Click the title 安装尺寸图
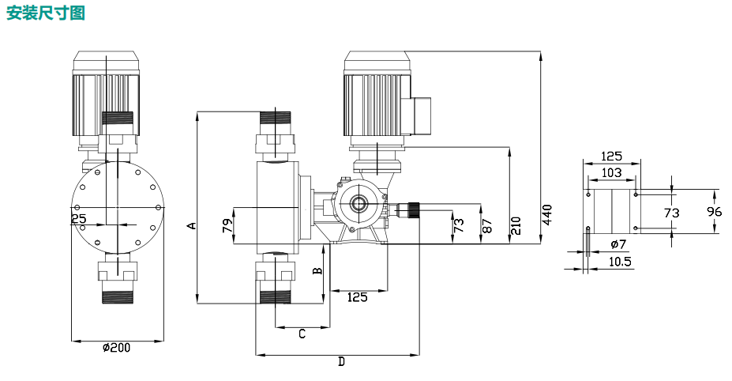click(x=45, y=13)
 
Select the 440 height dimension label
click(x=547, y=214)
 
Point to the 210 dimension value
click(x=516, y=224)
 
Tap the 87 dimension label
click(x=487, y=225)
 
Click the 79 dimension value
click(x=227, y=227)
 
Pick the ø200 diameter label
click(x=117, y=349)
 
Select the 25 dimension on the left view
click(x=78, y=218)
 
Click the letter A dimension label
click(x=190, y=225)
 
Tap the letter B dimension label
click(x=317, y=270)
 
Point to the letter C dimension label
click(x=302, y=334)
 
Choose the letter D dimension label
click(x=341, y=362)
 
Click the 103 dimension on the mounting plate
click(x=611, y=172)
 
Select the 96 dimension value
click(x=714, y=212)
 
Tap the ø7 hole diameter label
click(x=618, y=244)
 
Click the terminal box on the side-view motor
click(x=420, y=115)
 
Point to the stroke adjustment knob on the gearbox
click(x=411, y=210)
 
